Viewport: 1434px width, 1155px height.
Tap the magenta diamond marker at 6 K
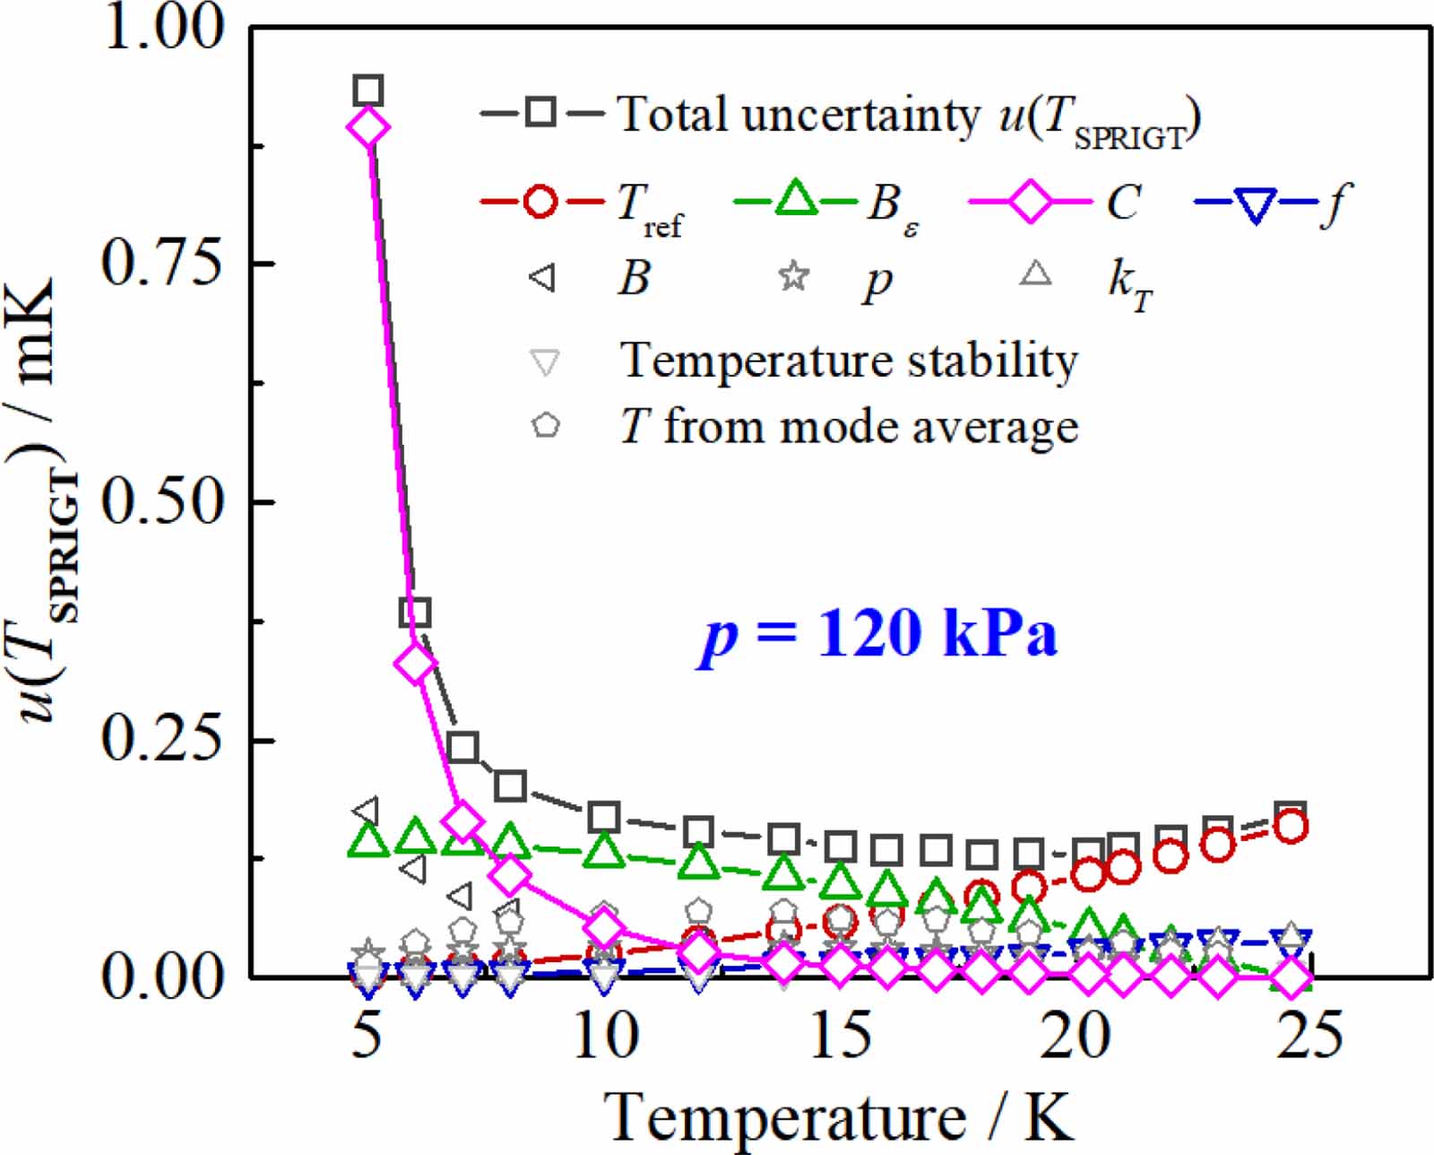416,664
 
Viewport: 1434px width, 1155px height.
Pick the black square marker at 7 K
462,747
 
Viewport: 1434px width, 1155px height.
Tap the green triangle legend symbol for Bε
795,200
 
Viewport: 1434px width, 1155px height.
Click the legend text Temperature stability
849,360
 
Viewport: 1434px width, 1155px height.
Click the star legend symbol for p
793,276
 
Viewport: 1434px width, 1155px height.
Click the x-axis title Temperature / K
840,1116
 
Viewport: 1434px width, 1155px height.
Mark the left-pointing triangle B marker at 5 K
365,810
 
